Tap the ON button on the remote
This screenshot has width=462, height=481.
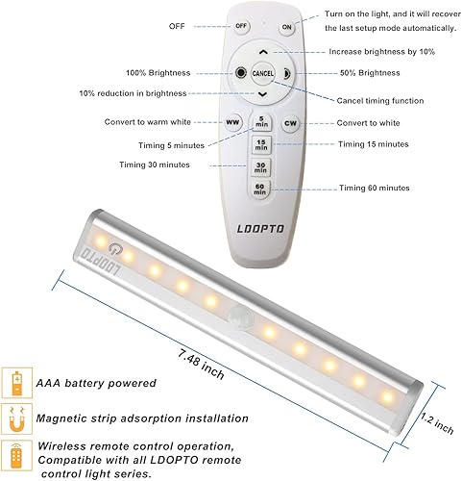point(286,27)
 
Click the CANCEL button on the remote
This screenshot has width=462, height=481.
point(263,73)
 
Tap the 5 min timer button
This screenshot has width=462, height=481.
point(261,122)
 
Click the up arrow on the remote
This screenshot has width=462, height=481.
point(263,52)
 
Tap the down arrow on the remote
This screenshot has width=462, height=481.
point(263,95)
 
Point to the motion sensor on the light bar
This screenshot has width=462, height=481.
point(239,315)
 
